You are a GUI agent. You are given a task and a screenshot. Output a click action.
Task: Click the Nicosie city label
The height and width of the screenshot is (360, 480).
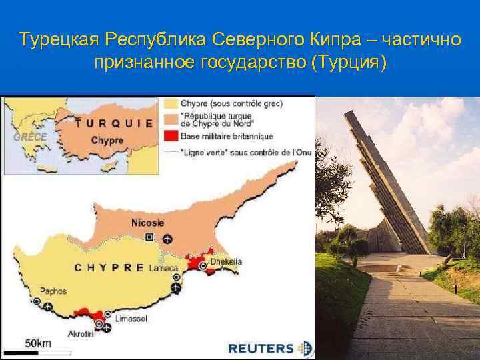tap(149, 223)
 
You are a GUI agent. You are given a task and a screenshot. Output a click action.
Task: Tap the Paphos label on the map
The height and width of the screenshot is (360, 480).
tap(53, 291)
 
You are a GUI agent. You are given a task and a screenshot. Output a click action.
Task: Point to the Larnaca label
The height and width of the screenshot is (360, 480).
tap(163, 267)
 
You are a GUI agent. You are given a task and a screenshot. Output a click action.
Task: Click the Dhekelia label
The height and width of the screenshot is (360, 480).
tap(226, 262)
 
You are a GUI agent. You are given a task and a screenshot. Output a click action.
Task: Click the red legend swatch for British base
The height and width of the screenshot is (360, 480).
tap(170, 136)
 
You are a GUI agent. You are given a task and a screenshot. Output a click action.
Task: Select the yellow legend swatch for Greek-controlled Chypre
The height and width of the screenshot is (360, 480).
tap(170, 104)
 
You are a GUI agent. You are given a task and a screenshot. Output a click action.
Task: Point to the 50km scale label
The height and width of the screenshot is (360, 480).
tap(38, 343)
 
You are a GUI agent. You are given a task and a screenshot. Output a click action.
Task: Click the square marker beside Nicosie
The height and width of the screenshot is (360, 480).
tap(150, 237)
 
